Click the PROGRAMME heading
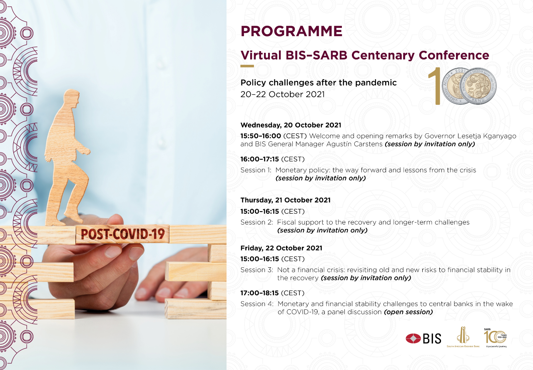[x=291, y=31]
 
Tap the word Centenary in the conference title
[x=383, y=55]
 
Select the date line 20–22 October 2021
[x=282, y=94]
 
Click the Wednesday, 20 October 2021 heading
[x=291, y=125]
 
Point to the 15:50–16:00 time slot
[x=261, y=136]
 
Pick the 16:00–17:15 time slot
[x=259, y=159]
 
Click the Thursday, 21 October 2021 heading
[x=285, y=200]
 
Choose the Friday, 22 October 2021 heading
[x=281, y=248]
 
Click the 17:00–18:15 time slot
[x=259, y=293]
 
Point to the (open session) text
[x=408, y=312]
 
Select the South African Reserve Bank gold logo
[x=463, y=337]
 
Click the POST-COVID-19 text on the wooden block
[x=122, y=234]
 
